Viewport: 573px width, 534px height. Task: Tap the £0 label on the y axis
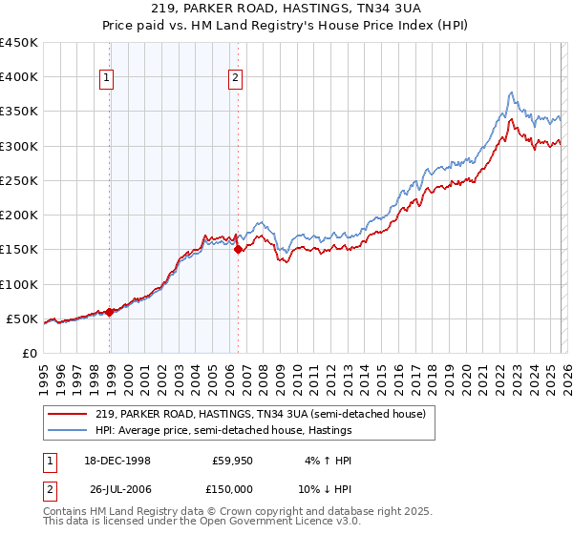pyautogui.click(x=31, y=353)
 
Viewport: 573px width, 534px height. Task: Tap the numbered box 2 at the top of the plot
pyautogui.click(x=235, y=79)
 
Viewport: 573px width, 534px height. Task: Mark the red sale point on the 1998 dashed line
pyautogui.click(x=110, y=311)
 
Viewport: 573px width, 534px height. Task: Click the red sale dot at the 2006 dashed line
pyautogui.click(x=238, y=249)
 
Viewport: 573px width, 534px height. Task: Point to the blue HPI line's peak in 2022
pyautogui.click(x=512, y=92)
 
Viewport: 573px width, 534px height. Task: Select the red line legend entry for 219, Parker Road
pyautogui.click(x=265, y=414)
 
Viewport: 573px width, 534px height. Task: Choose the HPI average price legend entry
pyautogui.click(x=223, y=430)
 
